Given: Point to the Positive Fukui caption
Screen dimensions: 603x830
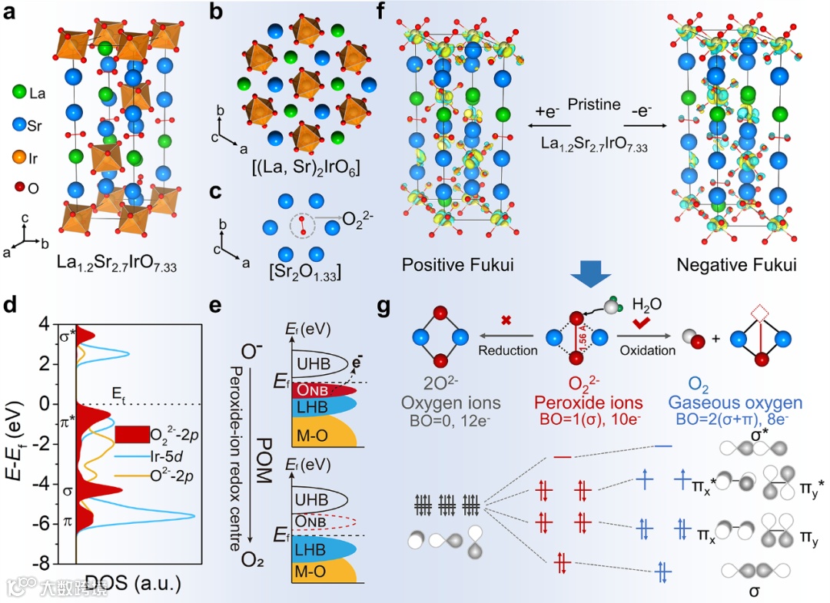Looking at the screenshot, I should [x=457, y=264].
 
